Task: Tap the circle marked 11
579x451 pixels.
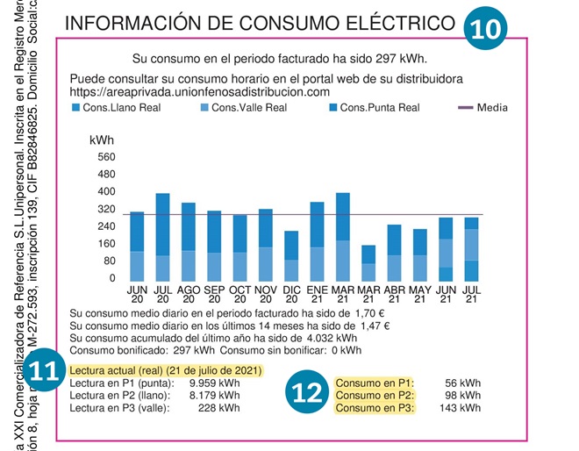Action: coord(46,370)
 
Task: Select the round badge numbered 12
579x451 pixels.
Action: coord(309,395)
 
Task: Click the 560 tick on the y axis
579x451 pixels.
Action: coord(106,157)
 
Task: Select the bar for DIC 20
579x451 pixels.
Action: coord(291,256)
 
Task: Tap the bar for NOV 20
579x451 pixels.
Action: coord(265,245)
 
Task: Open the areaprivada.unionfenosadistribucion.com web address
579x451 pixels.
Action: coord(199,91)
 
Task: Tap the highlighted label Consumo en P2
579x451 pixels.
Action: coord(375,396)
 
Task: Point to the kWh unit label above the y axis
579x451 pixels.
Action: coord(102,140)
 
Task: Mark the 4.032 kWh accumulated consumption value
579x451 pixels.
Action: coord(332,337)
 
